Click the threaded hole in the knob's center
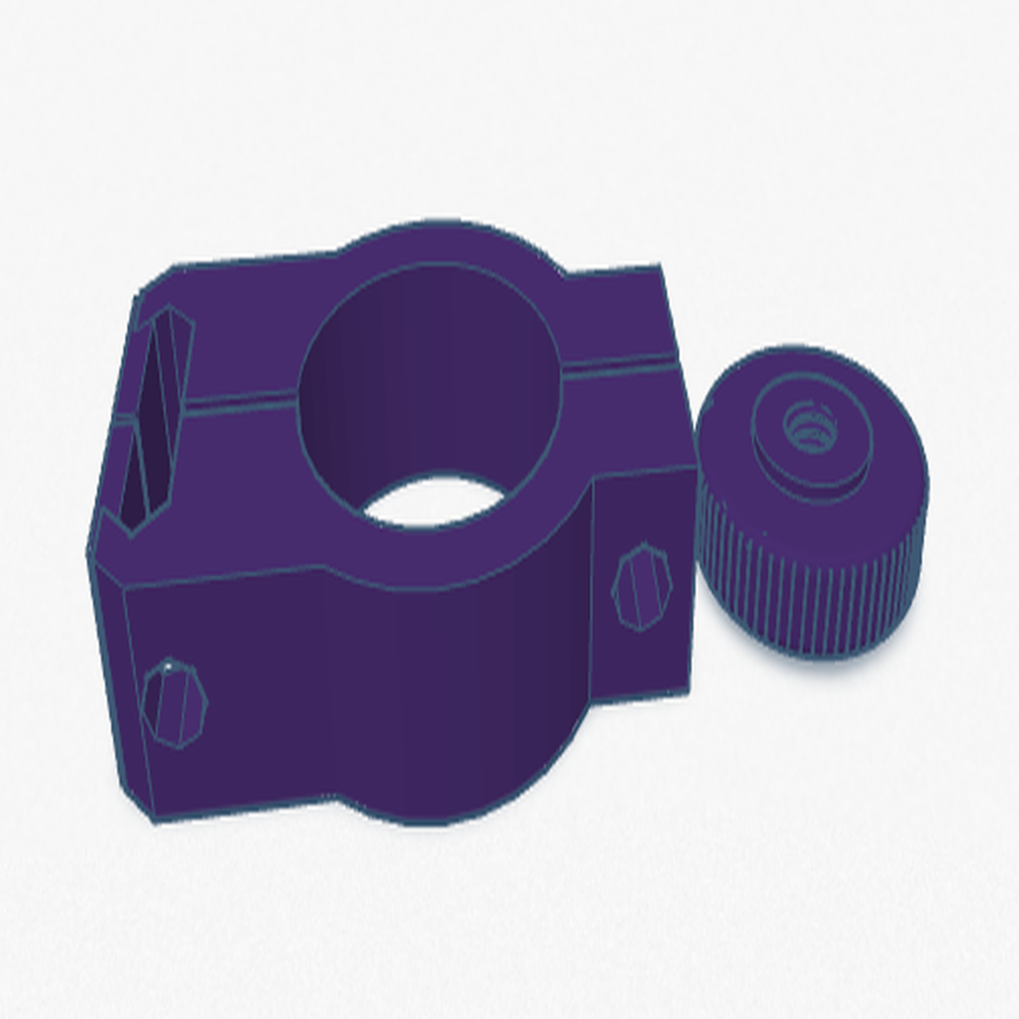tap(809, 427)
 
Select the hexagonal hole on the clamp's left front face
tap(174, 703)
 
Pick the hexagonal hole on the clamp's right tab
tap(641, 586)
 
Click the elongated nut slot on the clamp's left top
tap(157, 418)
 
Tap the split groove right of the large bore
tap(622, 365)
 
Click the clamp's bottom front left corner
tap(155, 821)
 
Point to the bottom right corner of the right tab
tap(689, 693)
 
